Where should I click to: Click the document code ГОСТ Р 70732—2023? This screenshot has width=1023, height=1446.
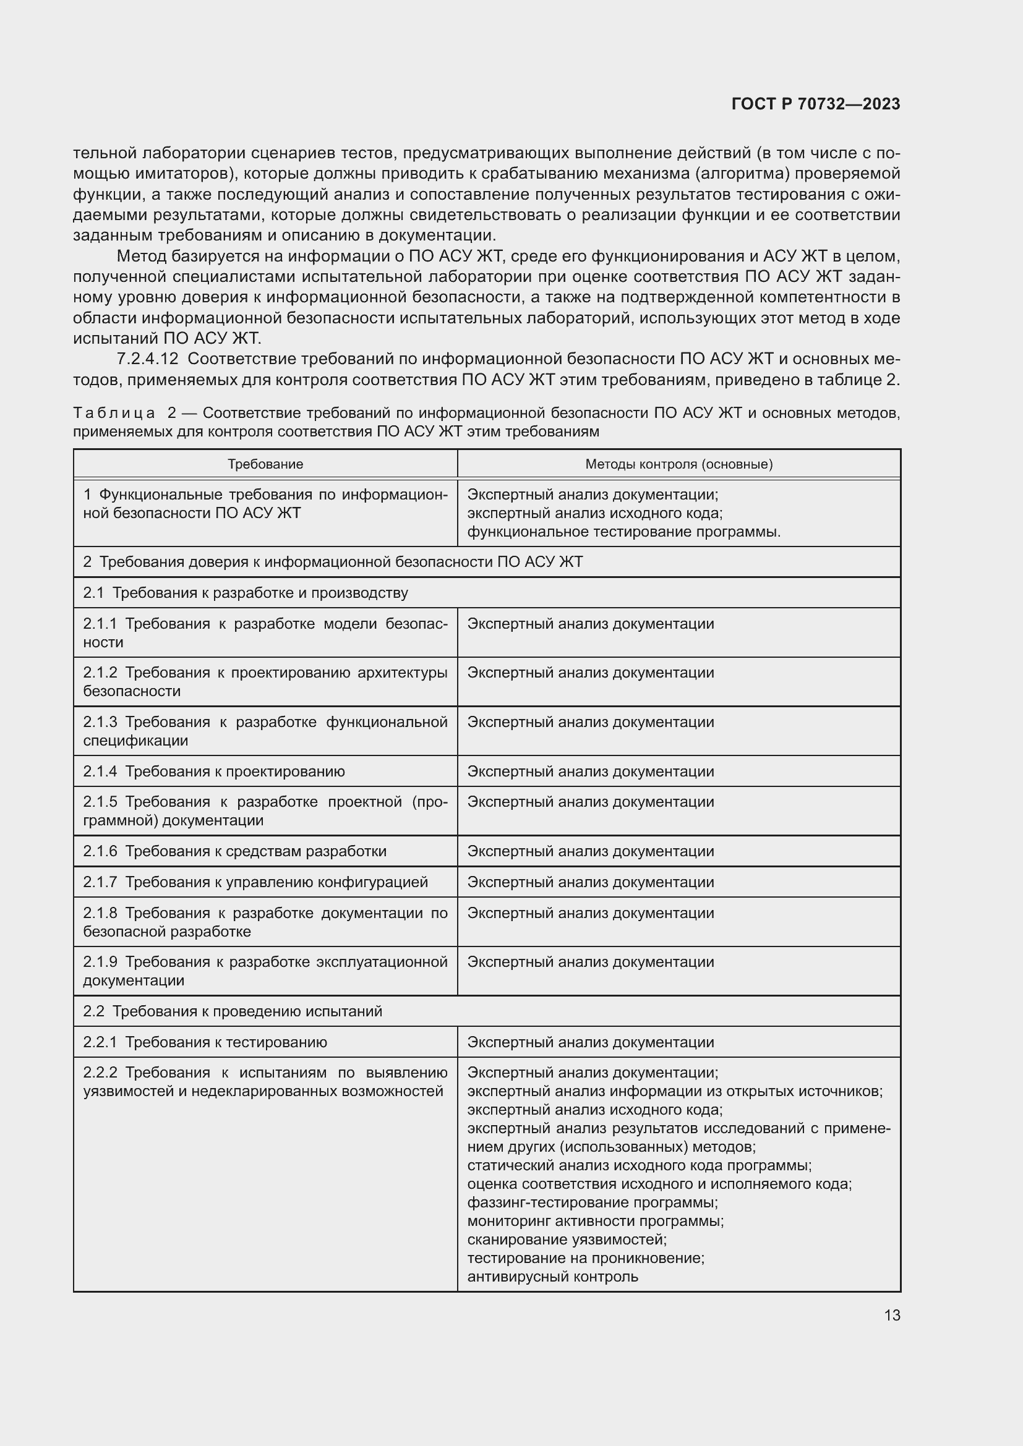(816, 104)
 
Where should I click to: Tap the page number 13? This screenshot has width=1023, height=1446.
(892, 1315)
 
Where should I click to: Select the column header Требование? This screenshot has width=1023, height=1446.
(265, 464)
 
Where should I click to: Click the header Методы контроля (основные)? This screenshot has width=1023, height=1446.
(678, 464)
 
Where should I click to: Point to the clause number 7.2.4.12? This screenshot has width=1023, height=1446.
(148, 359)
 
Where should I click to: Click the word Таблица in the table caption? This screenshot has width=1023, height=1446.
(114, 412)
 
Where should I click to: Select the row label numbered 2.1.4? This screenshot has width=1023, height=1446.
(214, 772)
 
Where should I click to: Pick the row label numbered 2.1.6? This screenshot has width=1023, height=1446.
(235, 851)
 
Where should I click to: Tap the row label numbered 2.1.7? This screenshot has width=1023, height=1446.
(255, 882)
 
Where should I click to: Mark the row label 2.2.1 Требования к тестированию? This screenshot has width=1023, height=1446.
(205, 1042)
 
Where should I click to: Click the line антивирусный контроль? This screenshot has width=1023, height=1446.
(552, 1277)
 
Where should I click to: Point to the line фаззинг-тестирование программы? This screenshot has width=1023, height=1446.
(592, 1202)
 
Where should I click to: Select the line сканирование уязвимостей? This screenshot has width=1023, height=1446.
(567, 1240)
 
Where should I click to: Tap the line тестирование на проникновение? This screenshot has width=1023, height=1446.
(585, 1257)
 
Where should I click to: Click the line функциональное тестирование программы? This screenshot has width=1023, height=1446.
(623, 532)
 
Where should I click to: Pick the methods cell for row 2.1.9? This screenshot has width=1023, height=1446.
(590, 962)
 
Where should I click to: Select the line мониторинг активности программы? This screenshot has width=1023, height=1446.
(595, 1220)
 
